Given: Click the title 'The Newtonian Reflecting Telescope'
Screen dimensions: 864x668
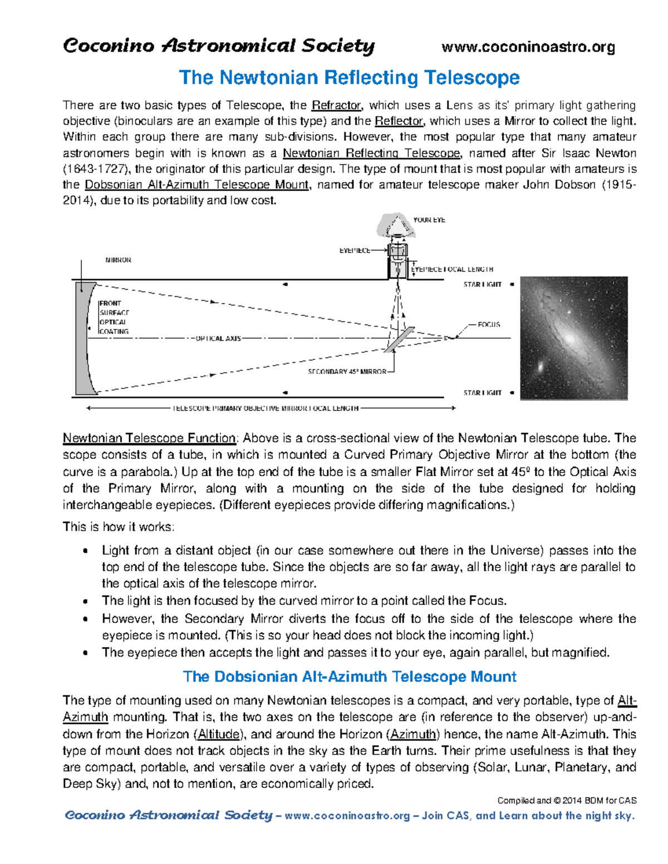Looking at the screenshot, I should (x=349, y=77).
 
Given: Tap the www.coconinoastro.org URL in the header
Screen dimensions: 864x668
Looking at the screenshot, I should (x=528, y=47).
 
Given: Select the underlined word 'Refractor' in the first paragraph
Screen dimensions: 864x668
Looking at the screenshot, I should (x=337, y=106).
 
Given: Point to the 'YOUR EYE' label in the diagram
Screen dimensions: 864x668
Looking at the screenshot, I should (x=429, y=220).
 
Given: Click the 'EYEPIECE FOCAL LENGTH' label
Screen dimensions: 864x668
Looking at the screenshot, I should (x=452, y=269).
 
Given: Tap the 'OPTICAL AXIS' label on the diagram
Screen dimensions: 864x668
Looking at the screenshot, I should (x=218, y=338).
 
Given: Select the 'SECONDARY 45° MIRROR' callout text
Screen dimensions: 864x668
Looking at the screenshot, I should (x=347, y=372).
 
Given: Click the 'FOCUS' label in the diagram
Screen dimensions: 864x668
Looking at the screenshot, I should (x=489, y=324).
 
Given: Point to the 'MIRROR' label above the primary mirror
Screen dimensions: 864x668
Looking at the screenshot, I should (x=118, y=260).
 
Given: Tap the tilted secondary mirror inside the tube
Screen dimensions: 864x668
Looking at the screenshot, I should (x=399, y=339).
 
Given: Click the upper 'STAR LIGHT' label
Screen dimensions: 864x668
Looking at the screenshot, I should (x=482, y=284).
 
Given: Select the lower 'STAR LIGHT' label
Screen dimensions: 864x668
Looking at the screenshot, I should (x=482, y=393).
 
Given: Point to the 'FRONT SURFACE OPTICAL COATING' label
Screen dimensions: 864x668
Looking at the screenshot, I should (x=114, y=318).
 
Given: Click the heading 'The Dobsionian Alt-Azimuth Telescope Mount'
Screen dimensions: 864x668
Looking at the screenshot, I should (x=349, y=677).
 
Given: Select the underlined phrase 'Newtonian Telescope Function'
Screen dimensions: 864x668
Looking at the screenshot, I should (x=150, y=438).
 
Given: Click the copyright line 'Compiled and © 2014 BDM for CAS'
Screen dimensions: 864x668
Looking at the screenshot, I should (x=566, y=801).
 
